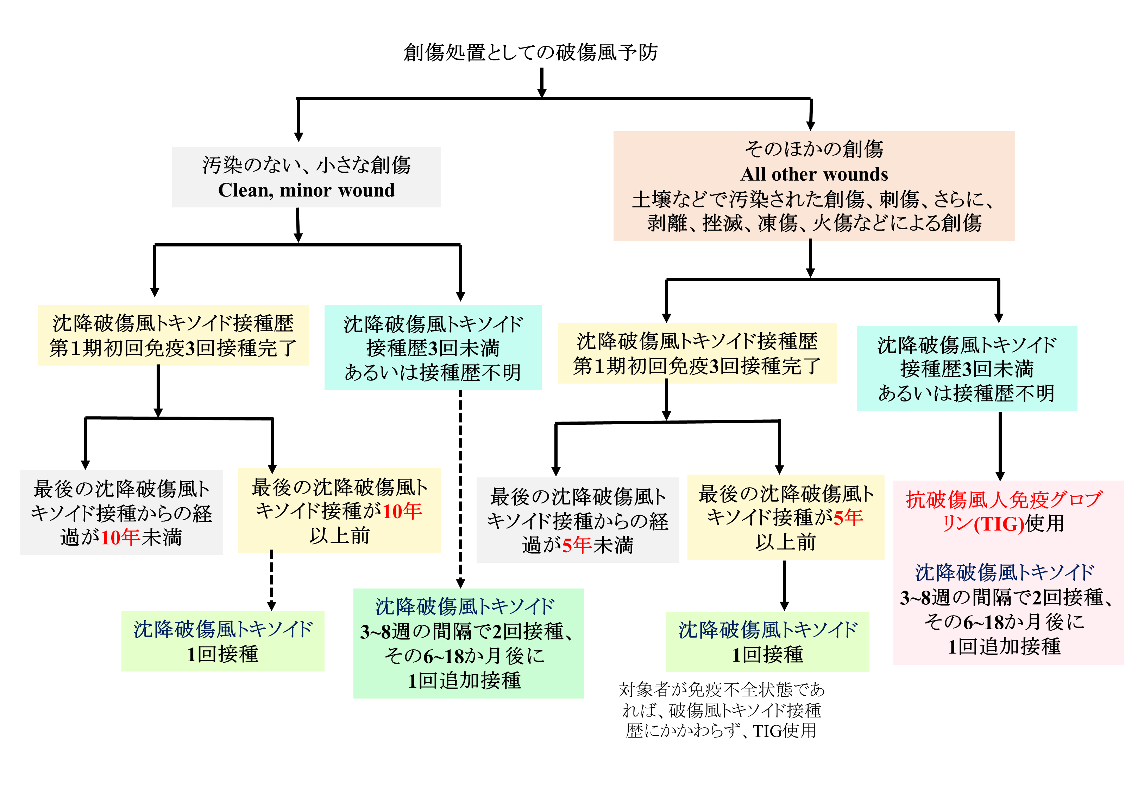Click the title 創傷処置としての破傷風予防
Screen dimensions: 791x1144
tap(530, 52)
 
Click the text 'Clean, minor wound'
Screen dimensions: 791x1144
tap(306, 190)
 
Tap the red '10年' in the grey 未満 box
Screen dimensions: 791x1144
tap(120, 537)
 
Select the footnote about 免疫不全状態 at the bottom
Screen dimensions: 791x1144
tap(721, 710)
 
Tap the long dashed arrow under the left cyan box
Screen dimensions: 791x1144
tap(460, 488)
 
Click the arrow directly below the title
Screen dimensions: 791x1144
tap(542, 82)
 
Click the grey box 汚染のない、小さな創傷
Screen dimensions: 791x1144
tap(306, 177)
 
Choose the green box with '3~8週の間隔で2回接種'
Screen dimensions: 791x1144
tap(468, 643)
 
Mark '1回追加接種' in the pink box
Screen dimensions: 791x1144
tap(1004, 647)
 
